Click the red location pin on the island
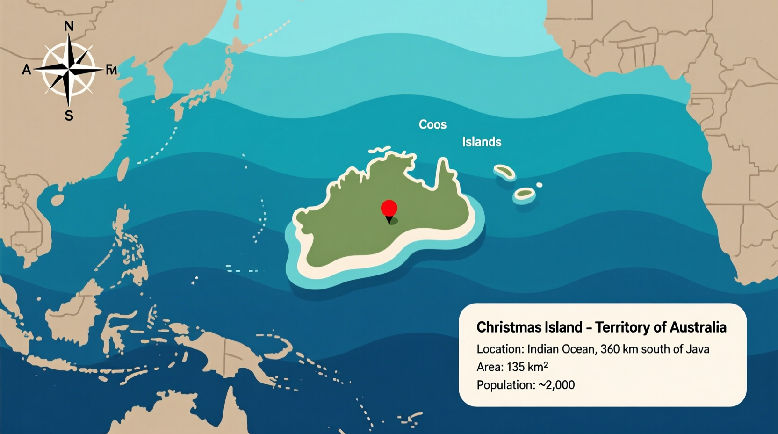[389, 209]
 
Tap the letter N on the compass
[69, 26]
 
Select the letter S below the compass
[69, 116]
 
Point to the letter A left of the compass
[26, 70]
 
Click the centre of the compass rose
[69, 70]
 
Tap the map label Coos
[432, 124]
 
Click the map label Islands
[482, 142]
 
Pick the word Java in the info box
[697, 349]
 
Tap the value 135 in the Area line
[517, 367]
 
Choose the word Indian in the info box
[542, 349]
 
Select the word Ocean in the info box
[577, 349]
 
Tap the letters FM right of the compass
[111, 70]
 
